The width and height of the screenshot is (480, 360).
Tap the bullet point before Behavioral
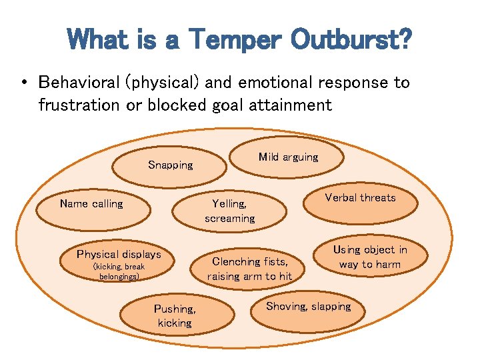click(23, 83)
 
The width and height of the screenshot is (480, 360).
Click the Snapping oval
click(171, 165)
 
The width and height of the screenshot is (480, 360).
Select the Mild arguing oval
click(288, 157)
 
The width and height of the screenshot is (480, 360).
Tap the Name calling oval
click(91, 204)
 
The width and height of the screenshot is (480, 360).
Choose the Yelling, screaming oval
click(230, 211)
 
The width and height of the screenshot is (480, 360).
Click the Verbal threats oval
click(360, 198)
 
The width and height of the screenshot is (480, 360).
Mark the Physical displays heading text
click(119, 254)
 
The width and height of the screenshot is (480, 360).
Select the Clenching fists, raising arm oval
click(249, 269)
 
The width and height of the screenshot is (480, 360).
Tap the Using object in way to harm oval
click(370, 257)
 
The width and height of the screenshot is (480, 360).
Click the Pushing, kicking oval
click(175, 316)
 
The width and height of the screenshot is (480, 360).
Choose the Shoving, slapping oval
click(308, 307)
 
